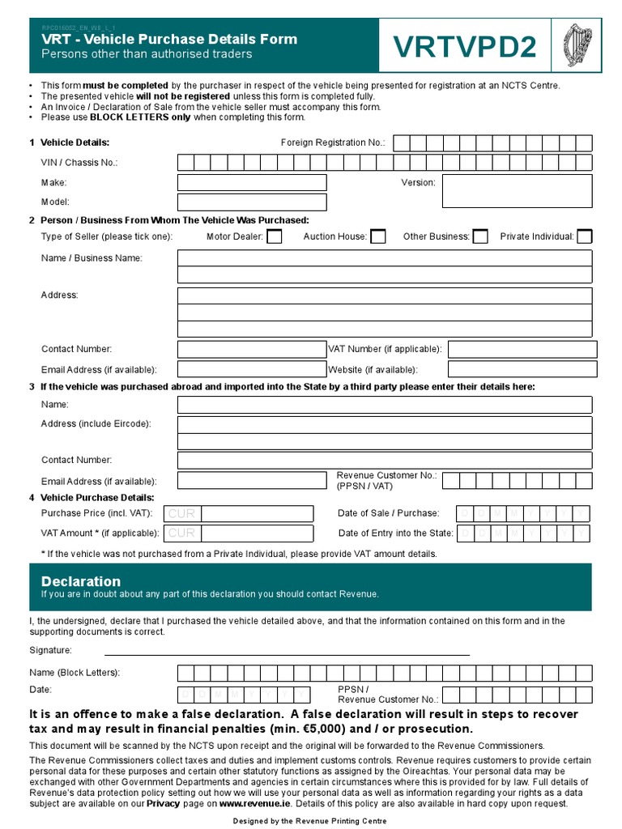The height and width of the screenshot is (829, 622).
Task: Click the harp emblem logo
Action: [577, 45]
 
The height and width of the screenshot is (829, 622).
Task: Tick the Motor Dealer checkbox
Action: [275, 236]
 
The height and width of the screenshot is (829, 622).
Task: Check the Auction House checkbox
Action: [377, 236]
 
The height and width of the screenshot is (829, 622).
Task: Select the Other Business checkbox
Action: [480, 236]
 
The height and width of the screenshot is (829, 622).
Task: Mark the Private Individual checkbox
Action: [584, 236]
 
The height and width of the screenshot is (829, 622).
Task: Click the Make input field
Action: [252, 183]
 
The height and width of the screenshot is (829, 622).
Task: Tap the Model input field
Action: [252, 202]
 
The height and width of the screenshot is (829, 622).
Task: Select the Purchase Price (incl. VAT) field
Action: [239, 513]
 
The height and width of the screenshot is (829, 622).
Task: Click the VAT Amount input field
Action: [239, 533]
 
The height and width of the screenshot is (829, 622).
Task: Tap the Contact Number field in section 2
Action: [250, 349]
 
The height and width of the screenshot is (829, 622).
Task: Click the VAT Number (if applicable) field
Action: [522, 349]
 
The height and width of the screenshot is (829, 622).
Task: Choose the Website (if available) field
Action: [522, 370]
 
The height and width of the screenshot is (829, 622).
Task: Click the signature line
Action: [287, 653]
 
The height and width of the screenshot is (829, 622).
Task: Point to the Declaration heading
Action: [81, 581]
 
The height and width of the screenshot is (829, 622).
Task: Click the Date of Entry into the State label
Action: [396, 533]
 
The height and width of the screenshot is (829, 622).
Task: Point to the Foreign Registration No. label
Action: [333, 142]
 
